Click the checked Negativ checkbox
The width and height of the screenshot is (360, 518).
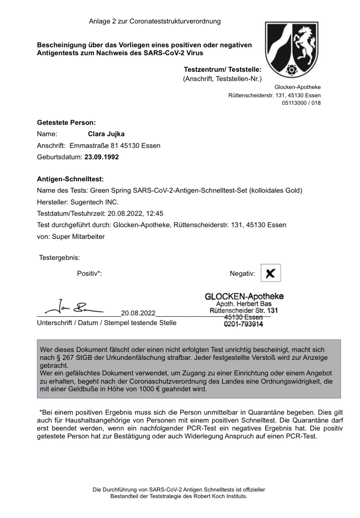pyautogui.click(x=271, y=273)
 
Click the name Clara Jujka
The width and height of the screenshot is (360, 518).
pyautogui.click(x=106, y=134)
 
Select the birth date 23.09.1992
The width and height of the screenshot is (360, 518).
pyautogui.click(x=102, y=157)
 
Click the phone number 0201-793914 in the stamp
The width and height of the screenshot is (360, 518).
pyautogui.click(x=243, y=324)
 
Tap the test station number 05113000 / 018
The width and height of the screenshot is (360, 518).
pyautogui.click(x=301, y=103)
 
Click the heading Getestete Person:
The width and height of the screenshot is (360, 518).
pyautogui.click(x=66, y=123)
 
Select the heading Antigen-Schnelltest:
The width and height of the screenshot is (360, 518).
pyautogui.click(x=70, y=179)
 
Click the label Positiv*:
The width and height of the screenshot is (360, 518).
pyautogui.click(x=89, y=274)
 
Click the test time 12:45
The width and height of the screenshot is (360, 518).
pyautogui.click(x=155, y=214)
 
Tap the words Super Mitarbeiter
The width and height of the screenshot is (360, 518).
pyautogui.click(x=78, y=237)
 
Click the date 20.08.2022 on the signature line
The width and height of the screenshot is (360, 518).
pyautogui.click(x=138, y=313)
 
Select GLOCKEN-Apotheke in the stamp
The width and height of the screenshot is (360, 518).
pyautogui.click(x=244, y=296)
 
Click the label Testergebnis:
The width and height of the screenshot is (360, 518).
pyautogui.click(x=60, y=258)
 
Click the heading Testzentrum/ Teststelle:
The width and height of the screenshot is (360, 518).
pyautogui.click(x=223, y=70)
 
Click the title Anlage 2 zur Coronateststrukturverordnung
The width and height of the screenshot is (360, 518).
pyautogui.click(x=155, y=21)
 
